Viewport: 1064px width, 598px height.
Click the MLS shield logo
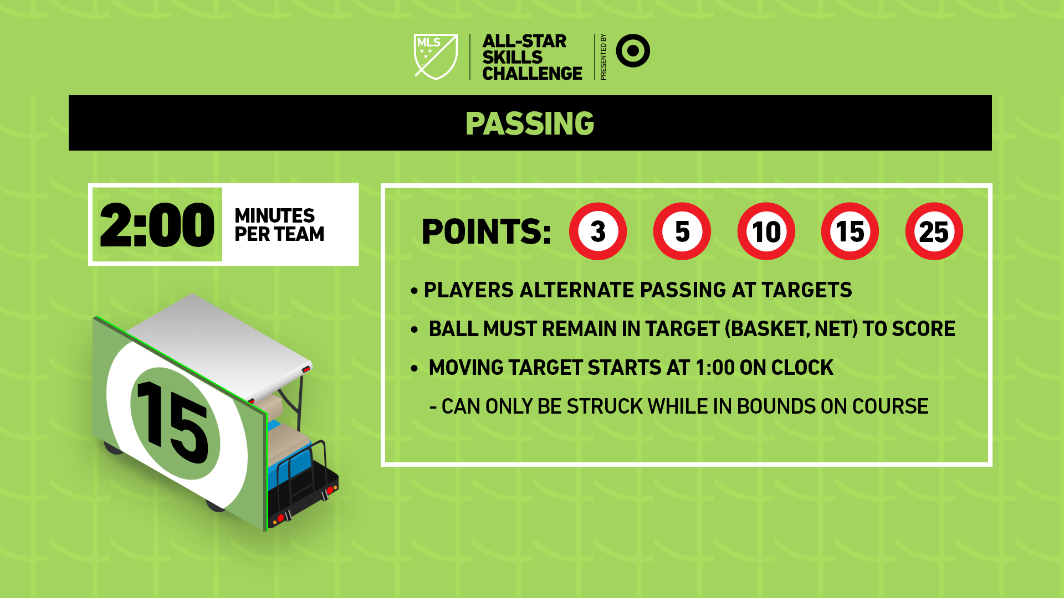[x=436, y=56]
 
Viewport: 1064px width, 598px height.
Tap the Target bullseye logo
[x=633, y=51]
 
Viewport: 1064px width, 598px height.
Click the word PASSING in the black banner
[x=530, y=123]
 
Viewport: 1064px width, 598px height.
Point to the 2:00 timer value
[x=157, y=225]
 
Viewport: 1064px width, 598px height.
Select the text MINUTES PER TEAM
[x=279, y=225]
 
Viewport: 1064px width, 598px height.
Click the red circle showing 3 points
[x=598, y=231]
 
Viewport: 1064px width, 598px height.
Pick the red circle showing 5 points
[x=682, y=231]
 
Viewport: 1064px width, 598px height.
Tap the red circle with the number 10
[x=766, y=231]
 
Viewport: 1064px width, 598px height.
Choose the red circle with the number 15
[x=850, y=231]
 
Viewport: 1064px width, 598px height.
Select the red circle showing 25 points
[x=934, y=231]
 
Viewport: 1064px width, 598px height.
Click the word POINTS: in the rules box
[x=486, y=231]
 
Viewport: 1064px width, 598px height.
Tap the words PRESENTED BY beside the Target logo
[x=603, y=57]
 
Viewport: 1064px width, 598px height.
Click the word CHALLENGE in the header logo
[x=532, y=73]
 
